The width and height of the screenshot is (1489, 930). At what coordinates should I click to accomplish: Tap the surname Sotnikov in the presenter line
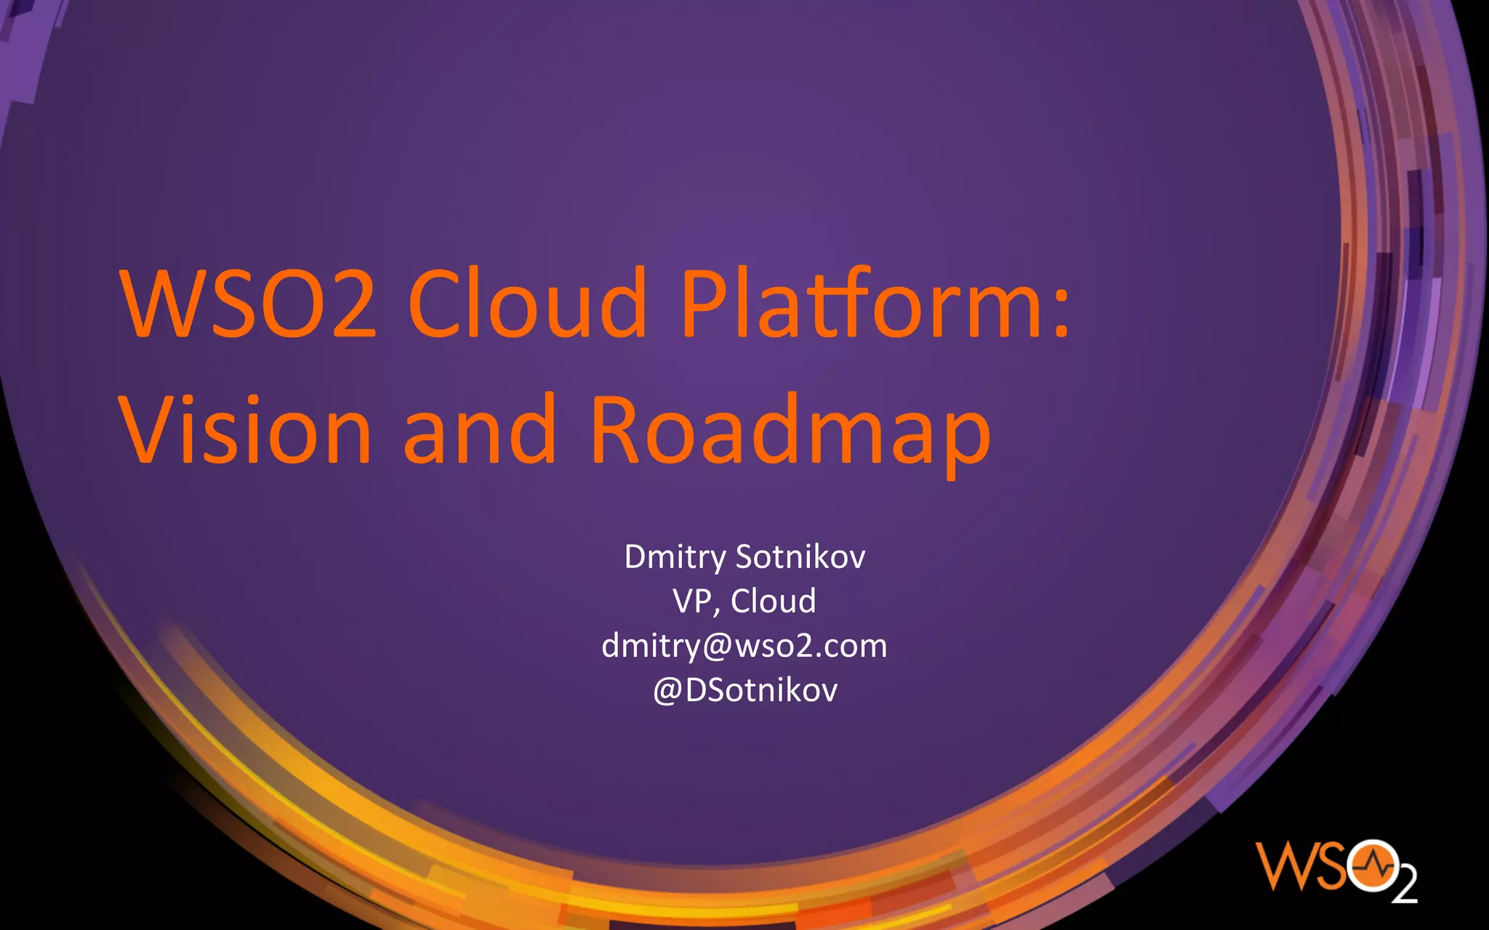click(x=800, y=557)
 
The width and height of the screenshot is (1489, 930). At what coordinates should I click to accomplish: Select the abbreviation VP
click(x=691, y=602)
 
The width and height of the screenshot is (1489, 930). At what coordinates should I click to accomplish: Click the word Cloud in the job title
click(x=773, y=602)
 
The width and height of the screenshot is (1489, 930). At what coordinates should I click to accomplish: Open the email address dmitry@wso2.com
click(x=744, y=646)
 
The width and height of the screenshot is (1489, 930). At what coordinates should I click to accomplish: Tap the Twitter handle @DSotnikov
click(x=745, y=690)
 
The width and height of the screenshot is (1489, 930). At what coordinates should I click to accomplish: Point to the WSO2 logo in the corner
click(x=1336, y=870)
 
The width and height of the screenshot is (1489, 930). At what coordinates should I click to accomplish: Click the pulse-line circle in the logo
click(x=1371, y=865)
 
